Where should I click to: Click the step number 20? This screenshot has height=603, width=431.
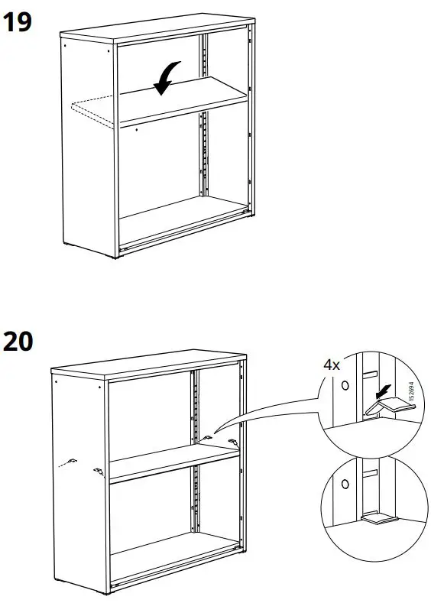(x=18, y=342)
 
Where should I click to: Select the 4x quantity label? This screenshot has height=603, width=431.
(x=331, y=365)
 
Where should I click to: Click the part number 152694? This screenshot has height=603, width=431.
(x=411, y=391)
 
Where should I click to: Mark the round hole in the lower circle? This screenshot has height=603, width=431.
(x=345, y=483)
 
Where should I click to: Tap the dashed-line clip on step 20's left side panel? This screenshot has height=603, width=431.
(x=71, y=462)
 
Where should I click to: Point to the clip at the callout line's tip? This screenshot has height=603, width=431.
(x=209, y=438)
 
